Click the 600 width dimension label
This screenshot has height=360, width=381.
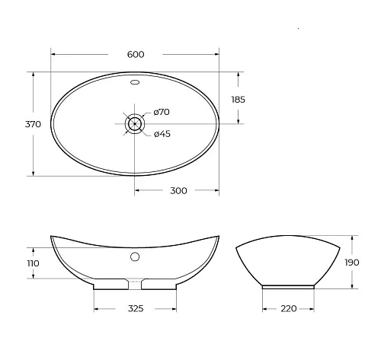point(135,54)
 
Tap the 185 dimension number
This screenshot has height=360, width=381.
point(238,99)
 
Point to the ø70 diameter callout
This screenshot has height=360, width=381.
point(162,112)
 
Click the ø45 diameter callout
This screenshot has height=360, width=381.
point(162,135)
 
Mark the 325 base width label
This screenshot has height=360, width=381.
point(136,309)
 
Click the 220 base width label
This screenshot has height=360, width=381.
point(289,309)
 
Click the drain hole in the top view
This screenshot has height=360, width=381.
point(135,123)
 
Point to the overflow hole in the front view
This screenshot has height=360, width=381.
point(135,257)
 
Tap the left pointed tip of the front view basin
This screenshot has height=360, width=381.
point(52,236)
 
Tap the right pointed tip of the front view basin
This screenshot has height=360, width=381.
point(219,236)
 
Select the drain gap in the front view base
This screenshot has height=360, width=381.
point(135,285)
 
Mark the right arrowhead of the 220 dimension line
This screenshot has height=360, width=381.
point(312,309)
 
